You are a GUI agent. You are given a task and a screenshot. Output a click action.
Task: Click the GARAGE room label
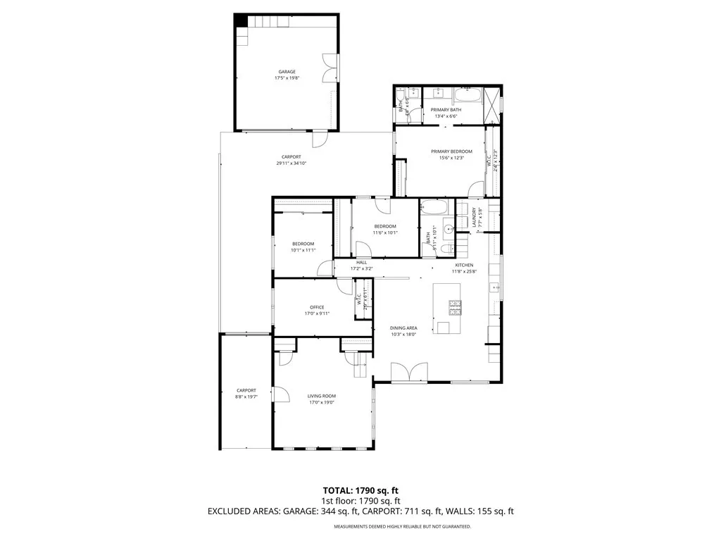point(287,72)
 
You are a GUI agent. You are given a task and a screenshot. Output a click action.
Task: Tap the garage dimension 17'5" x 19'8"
point(287,78)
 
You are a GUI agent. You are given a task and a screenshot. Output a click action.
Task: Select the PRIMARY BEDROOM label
point(451,151)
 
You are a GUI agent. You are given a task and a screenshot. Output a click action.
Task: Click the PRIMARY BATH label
point(446,110)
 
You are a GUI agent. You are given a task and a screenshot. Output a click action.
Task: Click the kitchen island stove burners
point(455,306)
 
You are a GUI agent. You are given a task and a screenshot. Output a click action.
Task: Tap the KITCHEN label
point(463,265)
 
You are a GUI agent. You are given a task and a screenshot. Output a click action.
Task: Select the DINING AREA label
point(404,328)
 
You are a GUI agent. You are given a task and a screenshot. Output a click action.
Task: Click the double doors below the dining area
point(409,373)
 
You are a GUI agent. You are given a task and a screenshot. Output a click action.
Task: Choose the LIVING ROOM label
point(321,397)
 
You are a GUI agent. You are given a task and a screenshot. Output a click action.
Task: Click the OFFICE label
point(317,307)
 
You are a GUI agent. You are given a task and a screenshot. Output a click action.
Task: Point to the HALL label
point(362,262)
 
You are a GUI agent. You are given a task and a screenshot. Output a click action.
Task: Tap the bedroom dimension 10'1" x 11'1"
point(303,250)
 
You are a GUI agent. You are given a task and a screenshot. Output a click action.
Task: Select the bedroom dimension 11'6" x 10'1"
point(386,232)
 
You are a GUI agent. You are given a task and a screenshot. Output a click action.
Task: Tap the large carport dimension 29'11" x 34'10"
point(291,163)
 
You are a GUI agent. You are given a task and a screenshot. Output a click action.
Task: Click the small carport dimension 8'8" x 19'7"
point(246,397)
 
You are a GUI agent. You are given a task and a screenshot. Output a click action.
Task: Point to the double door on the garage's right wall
point(330,69)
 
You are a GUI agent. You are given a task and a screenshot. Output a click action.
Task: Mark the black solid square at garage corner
point(241,20)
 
